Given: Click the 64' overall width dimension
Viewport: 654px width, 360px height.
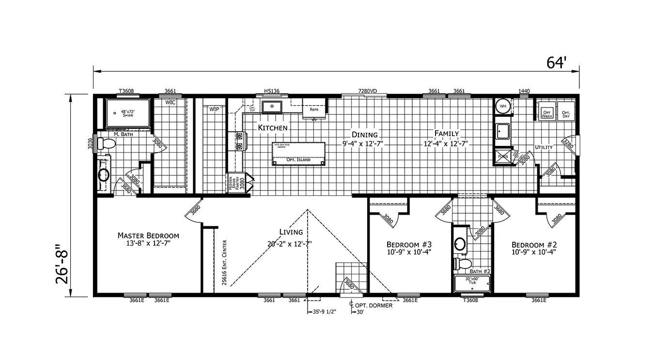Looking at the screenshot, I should [x=557, y=63].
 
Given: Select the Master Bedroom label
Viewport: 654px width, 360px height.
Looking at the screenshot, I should [x=148, y=235].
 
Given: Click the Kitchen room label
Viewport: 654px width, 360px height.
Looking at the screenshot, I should [x=273, y=128].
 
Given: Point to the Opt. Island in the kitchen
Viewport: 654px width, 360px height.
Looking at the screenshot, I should [x=298, y=154].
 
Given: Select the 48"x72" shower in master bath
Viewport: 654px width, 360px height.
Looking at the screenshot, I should [x=128, y=113].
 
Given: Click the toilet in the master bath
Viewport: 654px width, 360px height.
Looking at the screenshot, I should [x=107, y=143].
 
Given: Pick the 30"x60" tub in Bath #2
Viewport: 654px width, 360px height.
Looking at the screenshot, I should [x=472, y=283].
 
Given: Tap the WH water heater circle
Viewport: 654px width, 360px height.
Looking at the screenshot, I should [x=503, y=106].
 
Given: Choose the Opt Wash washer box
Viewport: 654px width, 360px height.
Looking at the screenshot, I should [x=547, y=113].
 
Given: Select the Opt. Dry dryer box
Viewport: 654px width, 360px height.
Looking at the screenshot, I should [x=566, y=113].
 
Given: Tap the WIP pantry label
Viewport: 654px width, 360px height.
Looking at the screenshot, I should [x=214, y=110].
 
